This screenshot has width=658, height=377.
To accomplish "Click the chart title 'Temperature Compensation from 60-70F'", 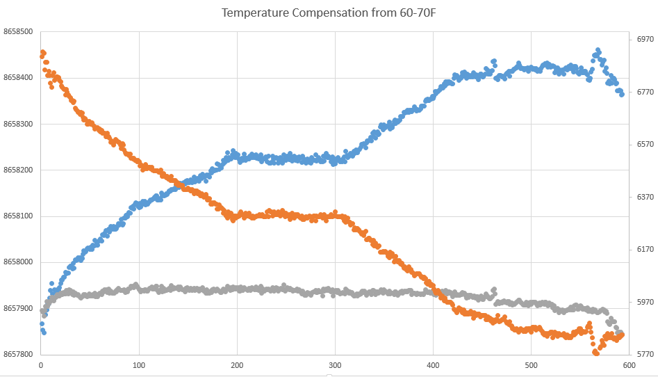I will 329,13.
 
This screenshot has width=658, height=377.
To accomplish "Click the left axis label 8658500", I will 19,32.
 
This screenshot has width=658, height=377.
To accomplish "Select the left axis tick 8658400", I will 19,78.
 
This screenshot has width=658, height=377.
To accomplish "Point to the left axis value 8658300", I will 19,125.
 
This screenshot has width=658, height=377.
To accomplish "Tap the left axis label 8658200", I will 19,170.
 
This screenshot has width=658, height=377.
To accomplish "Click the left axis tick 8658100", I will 19,216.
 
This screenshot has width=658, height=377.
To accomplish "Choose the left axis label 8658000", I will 19,262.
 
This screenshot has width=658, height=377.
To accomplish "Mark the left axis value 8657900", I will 19,309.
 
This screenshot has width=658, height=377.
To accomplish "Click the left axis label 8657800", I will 19,355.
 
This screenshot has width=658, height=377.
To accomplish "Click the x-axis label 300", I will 336,366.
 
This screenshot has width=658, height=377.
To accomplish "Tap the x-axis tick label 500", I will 532,366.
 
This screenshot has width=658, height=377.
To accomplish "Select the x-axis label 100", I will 139,366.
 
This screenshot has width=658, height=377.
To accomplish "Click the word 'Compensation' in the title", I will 318,13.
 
